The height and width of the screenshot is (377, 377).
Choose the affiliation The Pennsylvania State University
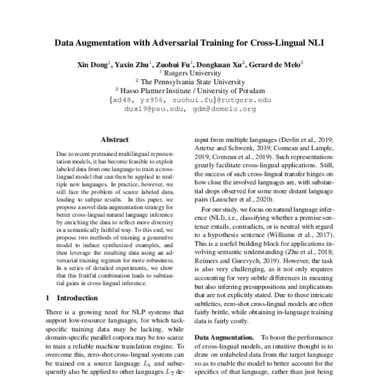coord(191,82)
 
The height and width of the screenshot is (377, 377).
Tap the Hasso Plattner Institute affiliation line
coord(191,90)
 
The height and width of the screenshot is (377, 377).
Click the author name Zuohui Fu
coord(175,64)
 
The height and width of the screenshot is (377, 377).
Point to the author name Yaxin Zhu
coord(134,64)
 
